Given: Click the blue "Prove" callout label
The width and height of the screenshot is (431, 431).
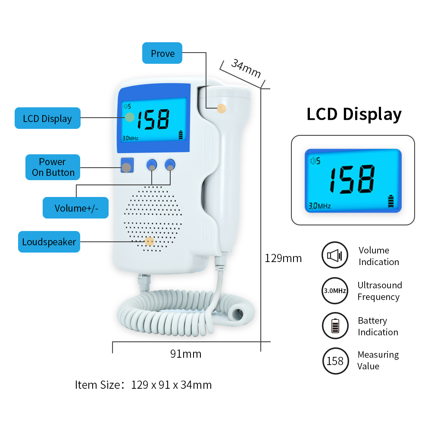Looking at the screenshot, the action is coord(162,53).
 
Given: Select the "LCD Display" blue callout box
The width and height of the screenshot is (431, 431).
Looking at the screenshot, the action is coord(47,118).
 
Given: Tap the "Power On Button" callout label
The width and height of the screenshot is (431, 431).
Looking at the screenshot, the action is coord(53,167).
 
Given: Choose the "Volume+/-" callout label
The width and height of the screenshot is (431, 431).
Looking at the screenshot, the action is coord(76,208).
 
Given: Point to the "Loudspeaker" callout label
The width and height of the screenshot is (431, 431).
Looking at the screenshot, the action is coord(49,242).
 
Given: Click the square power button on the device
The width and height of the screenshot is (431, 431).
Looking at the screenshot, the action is coord(126,166).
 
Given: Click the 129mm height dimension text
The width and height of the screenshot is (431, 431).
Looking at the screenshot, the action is coord(283,258).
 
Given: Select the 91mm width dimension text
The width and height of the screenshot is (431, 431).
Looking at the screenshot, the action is coord(186,354).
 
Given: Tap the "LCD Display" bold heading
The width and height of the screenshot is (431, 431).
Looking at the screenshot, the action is coord(354,114).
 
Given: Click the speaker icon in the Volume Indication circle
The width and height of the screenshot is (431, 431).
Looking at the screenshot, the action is coord(334,256).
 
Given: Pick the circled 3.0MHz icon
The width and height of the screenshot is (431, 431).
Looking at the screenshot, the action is coord(335,291).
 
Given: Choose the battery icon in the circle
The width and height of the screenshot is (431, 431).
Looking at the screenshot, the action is coord(335,326).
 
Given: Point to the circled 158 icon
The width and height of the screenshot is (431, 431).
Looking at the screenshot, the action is coord(335,360).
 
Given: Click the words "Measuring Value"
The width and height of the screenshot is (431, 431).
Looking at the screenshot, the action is coord(378,360).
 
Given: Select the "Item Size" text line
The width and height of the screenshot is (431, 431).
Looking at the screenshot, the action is coord(143,384).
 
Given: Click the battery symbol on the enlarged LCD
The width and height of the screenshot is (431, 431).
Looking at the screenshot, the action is coord(391,201).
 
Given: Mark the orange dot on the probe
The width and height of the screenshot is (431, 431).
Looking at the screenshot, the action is coord(222,109).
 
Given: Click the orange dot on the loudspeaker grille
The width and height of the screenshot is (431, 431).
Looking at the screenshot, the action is coord(149,241).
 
